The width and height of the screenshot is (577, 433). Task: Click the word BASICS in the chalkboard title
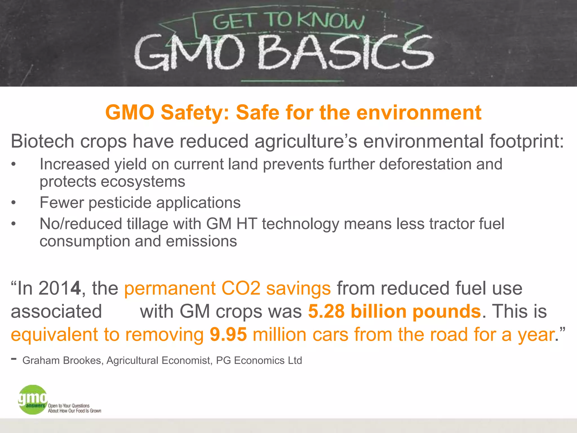345,53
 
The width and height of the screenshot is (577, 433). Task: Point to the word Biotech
42,141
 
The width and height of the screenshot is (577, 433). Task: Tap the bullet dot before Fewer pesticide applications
14,203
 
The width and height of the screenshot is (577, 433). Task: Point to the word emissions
201,241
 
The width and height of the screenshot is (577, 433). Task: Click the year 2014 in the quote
59,288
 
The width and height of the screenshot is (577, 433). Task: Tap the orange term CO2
241,288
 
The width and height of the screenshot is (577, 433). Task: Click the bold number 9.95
228,335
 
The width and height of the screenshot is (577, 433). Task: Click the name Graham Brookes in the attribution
62,361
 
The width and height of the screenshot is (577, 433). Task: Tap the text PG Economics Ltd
259,361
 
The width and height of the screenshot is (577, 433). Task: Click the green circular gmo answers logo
33,400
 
